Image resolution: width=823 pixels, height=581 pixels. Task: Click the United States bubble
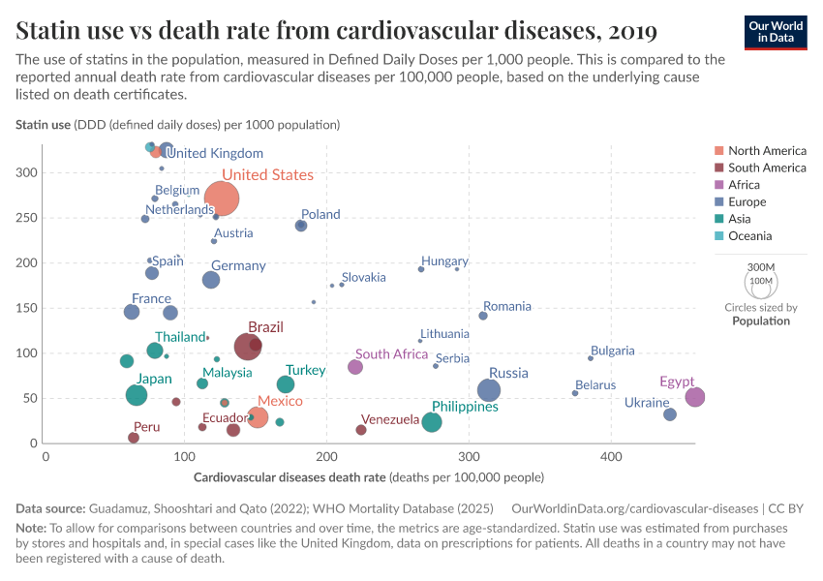222,199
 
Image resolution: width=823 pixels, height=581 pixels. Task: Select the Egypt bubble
694,397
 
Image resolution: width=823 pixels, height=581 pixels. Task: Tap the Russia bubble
489,390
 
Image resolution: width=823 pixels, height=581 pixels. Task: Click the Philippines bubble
432,422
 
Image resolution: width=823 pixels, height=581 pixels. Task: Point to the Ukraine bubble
670,414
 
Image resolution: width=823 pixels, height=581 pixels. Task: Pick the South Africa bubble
355,367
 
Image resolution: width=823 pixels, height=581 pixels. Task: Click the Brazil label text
265,327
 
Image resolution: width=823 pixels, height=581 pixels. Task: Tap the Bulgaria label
612,351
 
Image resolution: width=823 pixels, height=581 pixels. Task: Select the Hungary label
444,261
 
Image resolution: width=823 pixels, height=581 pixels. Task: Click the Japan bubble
137,395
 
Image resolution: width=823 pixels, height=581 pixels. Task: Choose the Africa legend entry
744,185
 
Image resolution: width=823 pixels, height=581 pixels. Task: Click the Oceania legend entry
749,236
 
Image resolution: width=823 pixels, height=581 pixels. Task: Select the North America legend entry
767,151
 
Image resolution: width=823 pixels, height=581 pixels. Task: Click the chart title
337,31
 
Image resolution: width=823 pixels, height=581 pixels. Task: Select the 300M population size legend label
761,267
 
